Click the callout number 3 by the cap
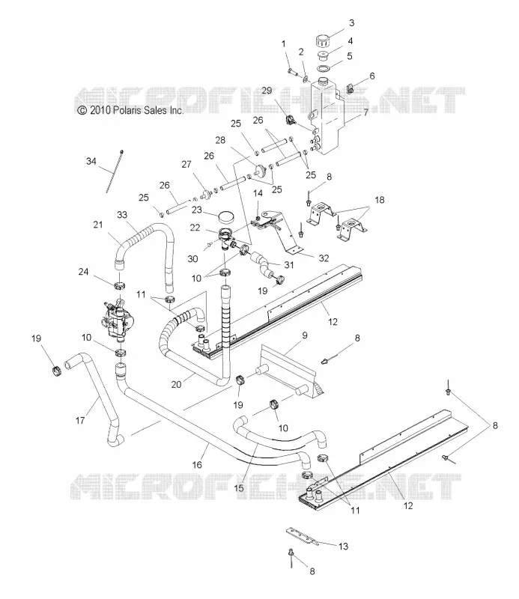coord(351,23)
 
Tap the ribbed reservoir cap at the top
coord(323,40)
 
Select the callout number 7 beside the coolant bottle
coord(366,113)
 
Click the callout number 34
coord(91,161)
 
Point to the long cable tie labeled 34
coord(115,171)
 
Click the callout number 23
coord(197,210)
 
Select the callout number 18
coord(380,200)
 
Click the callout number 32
coord(324,258)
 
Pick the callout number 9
coord(305,335)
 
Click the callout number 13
coord(343,547)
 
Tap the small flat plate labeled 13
coord(302,535)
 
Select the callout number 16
coord(197,464)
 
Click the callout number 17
coord(80,421)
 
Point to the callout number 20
coord(176,384)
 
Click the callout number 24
coord(83,272)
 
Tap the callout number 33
coord(122,215)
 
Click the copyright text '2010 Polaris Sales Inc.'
coord(136,110)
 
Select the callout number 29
coord(267,91)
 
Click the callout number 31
coord(289,265)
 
